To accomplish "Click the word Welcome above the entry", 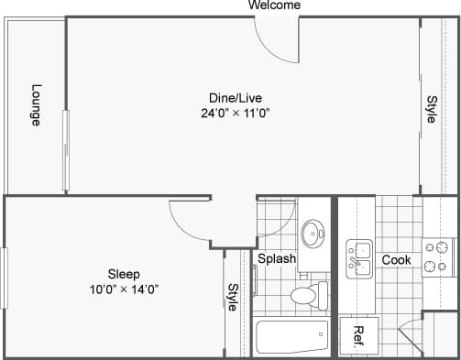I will coord(274,5).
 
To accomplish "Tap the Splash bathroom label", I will coord(276,258).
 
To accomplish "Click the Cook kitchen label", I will coord(396,260).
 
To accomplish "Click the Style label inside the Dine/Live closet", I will coord(431,109).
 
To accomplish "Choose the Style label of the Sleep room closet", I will coord(233,298).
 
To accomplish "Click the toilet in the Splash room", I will coord(306,295).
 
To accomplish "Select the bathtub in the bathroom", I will coord(291,337).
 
